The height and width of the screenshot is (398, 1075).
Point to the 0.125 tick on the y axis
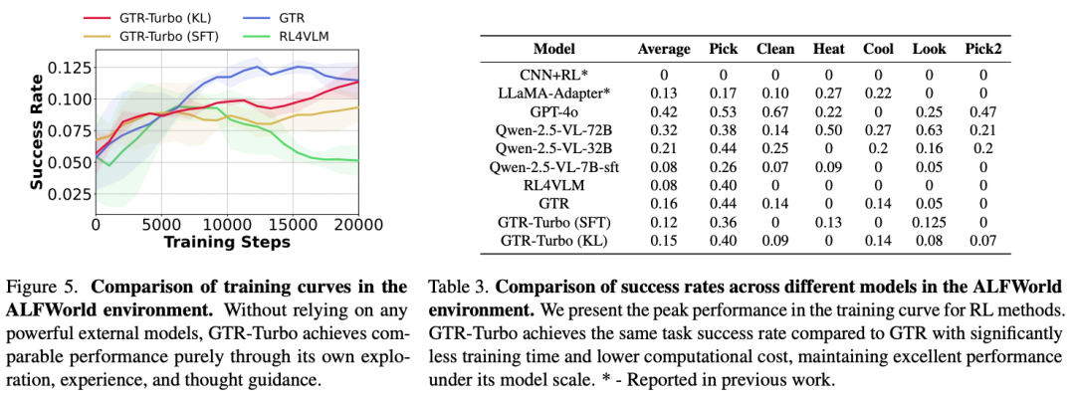click(67, 68)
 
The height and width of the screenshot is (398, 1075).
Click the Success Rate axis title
click(37, 131)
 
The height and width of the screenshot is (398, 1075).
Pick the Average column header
click(664, 48)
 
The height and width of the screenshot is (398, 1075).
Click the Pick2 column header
click(983, 48)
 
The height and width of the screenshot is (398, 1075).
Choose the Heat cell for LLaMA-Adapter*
click(828, 93)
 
